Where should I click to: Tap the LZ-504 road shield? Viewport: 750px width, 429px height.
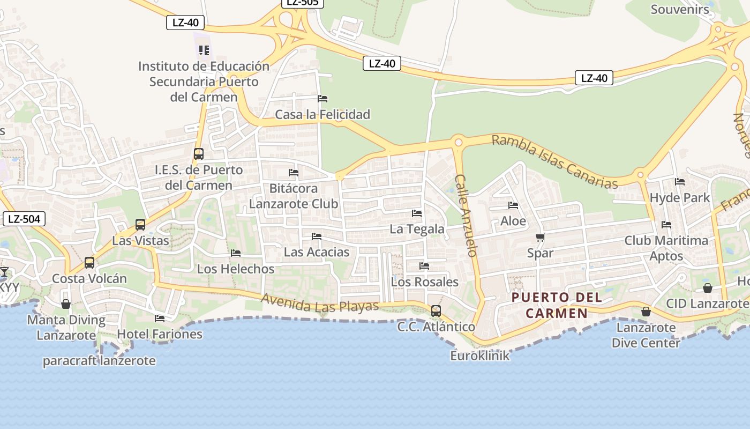click(x=24, y=218)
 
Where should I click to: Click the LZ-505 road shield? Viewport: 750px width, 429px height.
click(x=303, y=3)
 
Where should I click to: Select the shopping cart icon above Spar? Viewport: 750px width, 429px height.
click(x=540, y=237)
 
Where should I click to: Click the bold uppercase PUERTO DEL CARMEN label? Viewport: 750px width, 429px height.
click(x=557, y=305)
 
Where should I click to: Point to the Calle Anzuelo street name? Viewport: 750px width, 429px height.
click(x=466, y=215)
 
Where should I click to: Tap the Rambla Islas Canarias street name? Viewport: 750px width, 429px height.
click(x=554, y=161)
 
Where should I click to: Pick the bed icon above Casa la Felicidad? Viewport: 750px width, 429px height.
click(x=322, y=99)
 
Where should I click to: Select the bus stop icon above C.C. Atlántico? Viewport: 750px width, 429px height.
click(x=436, y=311)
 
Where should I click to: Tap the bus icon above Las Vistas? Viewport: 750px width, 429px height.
click(x=140, y=225)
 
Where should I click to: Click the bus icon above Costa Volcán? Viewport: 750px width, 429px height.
click(x=89, y=263)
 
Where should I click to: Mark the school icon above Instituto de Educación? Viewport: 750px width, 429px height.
click(x=204, y=50)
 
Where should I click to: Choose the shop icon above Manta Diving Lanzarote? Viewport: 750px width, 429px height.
click(x=66, y=305)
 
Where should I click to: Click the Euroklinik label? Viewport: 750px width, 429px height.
click(x=479, y=355)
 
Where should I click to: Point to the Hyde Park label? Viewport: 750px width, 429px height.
click(x=679, y=197)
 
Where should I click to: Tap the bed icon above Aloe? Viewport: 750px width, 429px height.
click(x=513, y=205)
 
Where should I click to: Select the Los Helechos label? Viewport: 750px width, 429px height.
click(x=236, y=269)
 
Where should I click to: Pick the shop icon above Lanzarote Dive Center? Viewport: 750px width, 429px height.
click(x=646, y=312)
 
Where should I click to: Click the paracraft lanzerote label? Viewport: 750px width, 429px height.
click(x=99, y=361)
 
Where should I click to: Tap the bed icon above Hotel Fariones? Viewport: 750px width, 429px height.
click(x=160, y=319)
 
